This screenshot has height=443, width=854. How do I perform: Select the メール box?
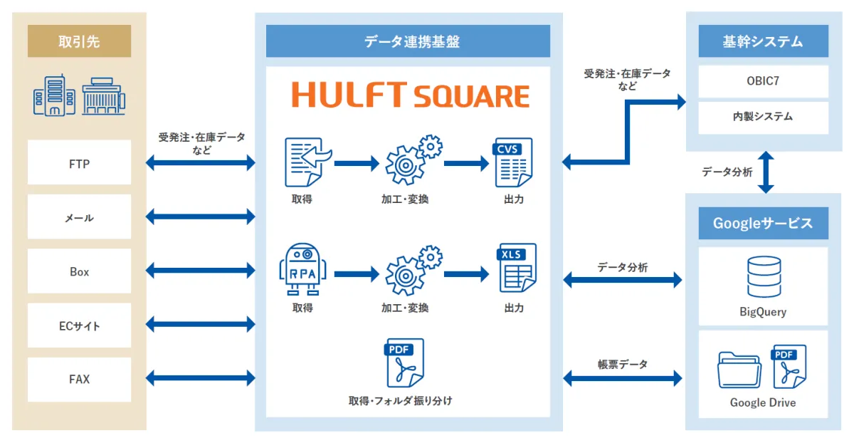point(79,217)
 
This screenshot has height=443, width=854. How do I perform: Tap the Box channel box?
point(79,271)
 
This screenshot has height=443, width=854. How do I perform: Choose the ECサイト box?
point(79,325)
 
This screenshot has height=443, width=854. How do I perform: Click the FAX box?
point(79,380)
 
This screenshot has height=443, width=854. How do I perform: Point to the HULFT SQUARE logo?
point(411,95)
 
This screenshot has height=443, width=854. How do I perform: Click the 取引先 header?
point(79,41)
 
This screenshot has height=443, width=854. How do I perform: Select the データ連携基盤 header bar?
point(408,41)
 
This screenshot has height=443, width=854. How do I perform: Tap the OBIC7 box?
point(763,81)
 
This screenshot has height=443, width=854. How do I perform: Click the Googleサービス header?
point(763,223)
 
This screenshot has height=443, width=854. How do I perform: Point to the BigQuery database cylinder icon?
point(764,276)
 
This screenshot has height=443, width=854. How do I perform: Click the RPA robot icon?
point(302,269)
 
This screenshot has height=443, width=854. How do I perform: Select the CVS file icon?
point(514,162)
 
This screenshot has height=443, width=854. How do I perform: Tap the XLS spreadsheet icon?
point(517,268)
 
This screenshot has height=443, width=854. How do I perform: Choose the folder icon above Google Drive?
point(739,370)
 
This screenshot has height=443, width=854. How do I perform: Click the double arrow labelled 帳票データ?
point(623,378)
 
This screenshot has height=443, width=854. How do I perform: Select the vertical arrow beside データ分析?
point(766,172)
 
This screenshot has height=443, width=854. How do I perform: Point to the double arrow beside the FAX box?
point(201,378)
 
